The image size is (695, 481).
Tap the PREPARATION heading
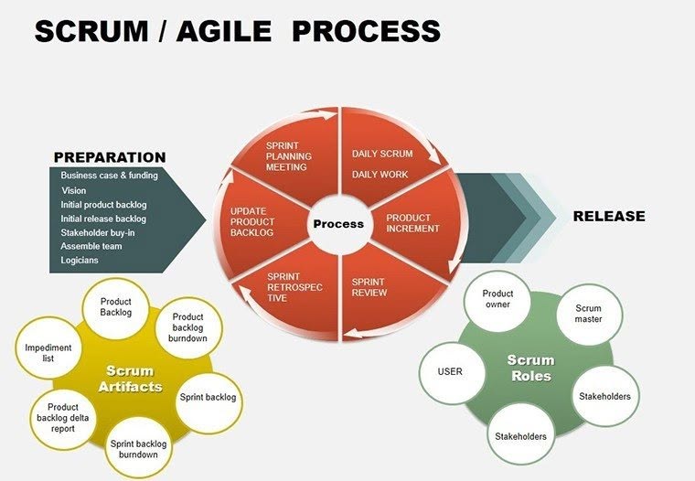pos(110,157)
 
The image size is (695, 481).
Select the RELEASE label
pos(608,217)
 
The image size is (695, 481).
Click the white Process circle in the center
pos(337,224)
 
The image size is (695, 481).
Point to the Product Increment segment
pos(409,223)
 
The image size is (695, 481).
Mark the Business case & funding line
pos(109,176)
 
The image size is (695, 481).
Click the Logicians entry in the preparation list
pos(80,261)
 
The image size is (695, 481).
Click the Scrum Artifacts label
pos(134,379)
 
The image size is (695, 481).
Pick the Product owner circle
pos(497,300)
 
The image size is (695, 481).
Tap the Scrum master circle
pos(588,315)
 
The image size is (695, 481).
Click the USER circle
pos(450,372)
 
